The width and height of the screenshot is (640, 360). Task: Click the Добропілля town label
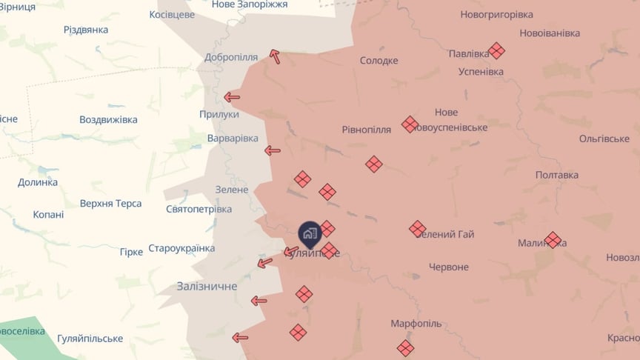[x=231, y=57]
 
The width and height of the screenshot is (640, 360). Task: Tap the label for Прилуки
[x=219, y=114]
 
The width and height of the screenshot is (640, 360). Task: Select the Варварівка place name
[x=233, y=139]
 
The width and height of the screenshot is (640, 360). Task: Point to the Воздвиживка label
[x=108, y=119]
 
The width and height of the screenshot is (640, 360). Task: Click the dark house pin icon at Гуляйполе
[x=309, y=234]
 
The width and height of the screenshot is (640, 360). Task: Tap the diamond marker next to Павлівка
[x=496, y=50]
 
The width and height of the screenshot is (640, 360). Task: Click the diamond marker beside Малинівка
[x=553, y=240]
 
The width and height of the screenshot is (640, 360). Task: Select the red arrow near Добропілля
[x=275, y=56]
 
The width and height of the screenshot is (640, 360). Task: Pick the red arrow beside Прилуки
[x=232, y=97]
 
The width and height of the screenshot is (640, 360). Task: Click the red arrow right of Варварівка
[x=273, y=150]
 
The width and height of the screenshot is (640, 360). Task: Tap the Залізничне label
[x=207, y=286]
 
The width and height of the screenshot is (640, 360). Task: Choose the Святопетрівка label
[x=199, y=209]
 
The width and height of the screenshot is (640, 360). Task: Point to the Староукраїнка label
[x=181, y=248]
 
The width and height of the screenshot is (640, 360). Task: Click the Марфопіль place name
[x=416, y=324]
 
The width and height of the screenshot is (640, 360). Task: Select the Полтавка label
[x=557, y=175]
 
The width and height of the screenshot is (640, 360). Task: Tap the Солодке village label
[x=379, y=61]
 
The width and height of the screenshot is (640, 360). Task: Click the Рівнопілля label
[x=366, y=129]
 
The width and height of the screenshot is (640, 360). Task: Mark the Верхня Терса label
[x=111, y=204]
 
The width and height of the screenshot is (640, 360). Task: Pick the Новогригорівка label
[x=496, y=14]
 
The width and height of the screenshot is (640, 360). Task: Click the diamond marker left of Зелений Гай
[x=417, y=229]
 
